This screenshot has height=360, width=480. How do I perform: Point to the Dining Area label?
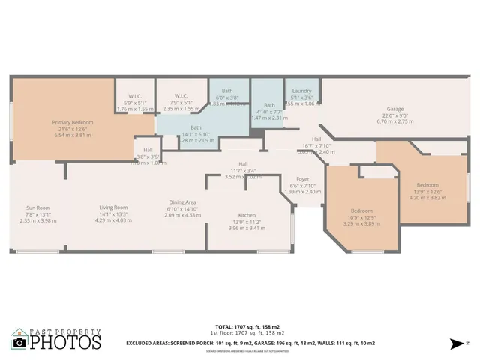[x=181, y=202]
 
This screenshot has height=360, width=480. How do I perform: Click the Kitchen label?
[x=247, y=215]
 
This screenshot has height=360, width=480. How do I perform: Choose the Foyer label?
[x=302, y=179]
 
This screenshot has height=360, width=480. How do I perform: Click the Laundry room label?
[x=301, y=91]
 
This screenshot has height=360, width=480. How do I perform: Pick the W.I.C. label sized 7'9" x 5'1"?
[x=180, y=95]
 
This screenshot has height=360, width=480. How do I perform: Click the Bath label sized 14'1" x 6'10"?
[x=196, y=128]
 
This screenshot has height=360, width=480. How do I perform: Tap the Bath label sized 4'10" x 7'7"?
[x=269, y=105]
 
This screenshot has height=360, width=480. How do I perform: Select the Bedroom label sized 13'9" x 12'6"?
[x=427, y=184]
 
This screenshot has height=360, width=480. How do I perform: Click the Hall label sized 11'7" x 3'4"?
[x=243, y=164]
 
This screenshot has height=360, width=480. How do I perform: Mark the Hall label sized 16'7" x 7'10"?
[x=316, y=139]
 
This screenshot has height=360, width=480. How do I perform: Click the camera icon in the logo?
[x=19, y=343]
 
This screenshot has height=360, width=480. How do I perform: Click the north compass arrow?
[x=454, y=343]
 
